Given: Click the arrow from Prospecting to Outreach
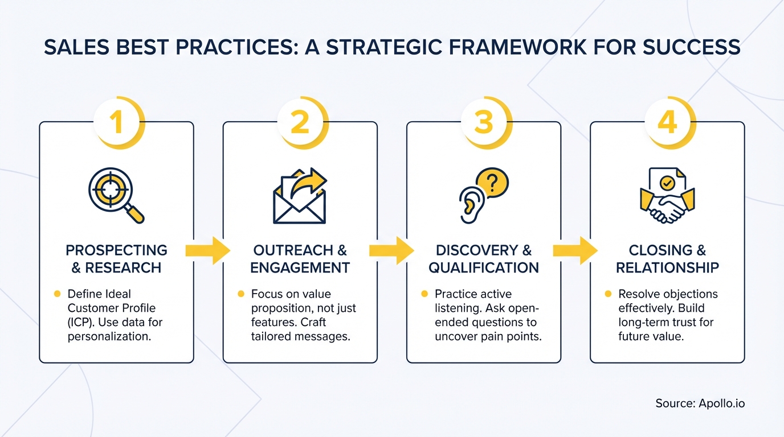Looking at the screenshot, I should (x=208, y=250).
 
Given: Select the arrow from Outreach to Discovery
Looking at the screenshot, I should (x=391, y=250).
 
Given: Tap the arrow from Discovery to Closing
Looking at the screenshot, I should (x=575, y=250).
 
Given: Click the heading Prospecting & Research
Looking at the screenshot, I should (x=116, y=259).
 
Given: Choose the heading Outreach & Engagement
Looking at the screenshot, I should (x=300, y=259).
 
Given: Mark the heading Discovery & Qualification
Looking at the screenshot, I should (x=484, y=259).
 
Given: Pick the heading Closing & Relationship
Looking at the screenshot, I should (x=667, y=259).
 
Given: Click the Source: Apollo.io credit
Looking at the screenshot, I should (x=700, y=403).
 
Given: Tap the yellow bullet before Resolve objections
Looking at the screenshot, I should (x=607, y=294).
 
